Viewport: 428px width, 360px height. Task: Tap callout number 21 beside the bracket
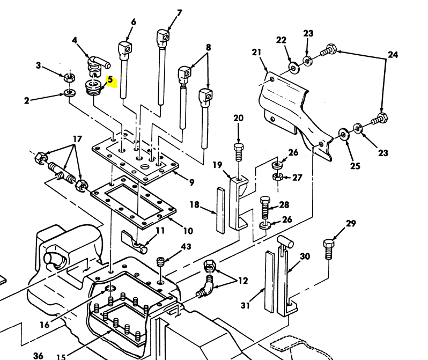coord(256,52)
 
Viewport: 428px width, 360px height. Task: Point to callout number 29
coord(351,223)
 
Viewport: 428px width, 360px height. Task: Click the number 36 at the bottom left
coord(38,355)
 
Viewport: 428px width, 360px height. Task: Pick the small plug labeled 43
coord(160,262)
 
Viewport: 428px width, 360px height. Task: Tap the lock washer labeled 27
coord(277,176)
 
